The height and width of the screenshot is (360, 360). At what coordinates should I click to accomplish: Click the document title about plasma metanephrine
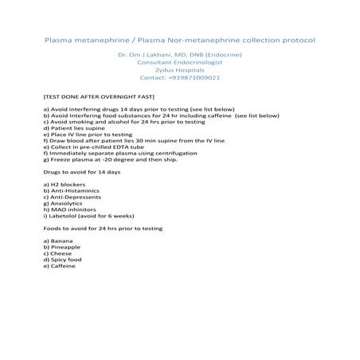coord(179,39)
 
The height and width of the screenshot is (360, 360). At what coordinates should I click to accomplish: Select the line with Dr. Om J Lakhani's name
coord(179,54)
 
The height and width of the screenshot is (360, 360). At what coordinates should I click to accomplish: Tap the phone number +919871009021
coord(179,78)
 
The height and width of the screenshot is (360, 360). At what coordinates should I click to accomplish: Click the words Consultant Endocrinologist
coord(179,62)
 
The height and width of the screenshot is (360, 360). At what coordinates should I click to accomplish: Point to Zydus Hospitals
coord(179,70)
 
